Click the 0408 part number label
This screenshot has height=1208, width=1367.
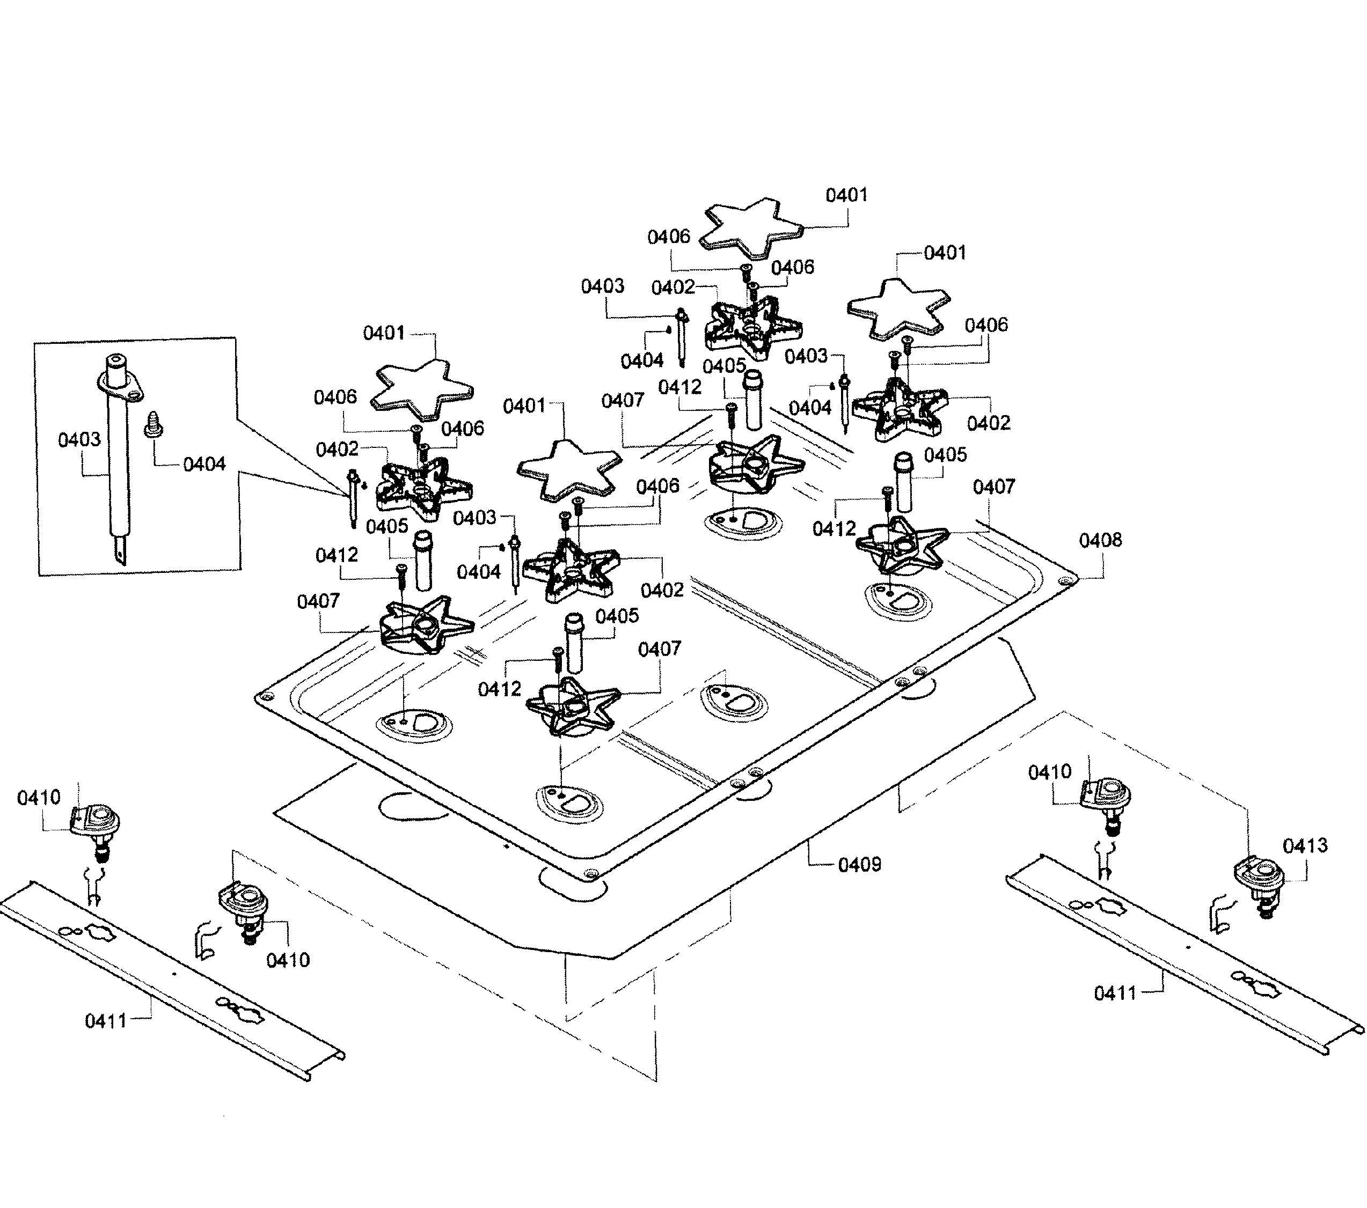point(1100,540)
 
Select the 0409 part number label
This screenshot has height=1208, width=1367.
point(859,865)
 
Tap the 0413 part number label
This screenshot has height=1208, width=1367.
point(1305,846)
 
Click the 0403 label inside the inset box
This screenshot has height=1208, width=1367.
point(79,440)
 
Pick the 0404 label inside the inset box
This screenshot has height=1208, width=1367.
point(204,465)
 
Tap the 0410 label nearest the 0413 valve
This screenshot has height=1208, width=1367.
point(1049,772)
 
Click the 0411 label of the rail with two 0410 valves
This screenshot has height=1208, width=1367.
point(106,1021)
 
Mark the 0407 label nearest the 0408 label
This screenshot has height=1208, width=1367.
point(994,487)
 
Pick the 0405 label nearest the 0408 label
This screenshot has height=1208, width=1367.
point(946,455)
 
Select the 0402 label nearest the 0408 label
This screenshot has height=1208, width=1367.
point(989,423)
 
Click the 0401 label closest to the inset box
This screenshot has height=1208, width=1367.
point(384,333)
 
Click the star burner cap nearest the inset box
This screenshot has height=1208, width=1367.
point(423,386)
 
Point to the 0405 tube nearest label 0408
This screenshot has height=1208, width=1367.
point(904,481)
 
